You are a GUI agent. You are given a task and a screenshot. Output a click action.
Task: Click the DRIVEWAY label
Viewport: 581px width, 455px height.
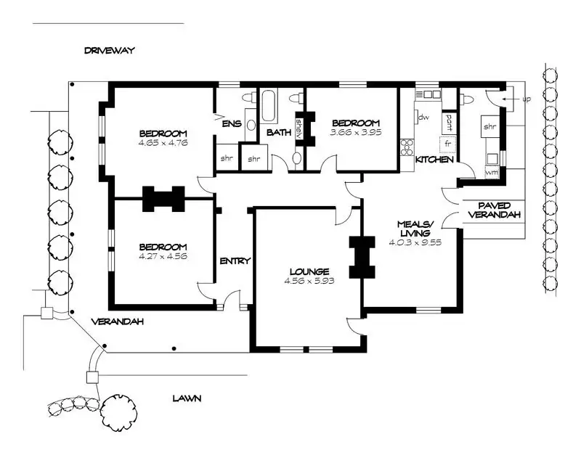110,51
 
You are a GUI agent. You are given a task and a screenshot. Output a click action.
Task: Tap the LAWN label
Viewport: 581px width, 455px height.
187,398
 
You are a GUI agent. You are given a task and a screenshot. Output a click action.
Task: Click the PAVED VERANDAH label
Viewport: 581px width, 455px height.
494,210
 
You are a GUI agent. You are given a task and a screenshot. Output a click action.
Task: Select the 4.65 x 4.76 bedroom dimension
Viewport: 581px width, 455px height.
163,143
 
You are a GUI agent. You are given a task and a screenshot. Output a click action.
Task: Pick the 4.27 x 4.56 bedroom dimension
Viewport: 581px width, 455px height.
163,256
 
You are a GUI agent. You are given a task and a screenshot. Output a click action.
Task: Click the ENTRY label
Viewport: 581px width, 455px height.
235,261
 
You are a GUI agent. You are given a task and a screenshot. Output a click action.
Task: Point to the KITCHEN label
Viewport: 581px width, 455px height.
435,160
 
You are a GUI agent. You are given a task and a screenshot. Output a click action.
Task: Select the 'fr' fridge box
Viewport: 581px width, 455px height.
449,144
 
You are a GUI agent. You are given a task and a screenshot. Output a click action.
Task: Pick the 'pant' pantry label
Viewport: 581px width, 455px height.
449,120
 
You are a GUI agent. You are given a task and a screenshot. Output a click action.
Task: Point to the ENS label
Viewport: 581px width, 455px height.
231,124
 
